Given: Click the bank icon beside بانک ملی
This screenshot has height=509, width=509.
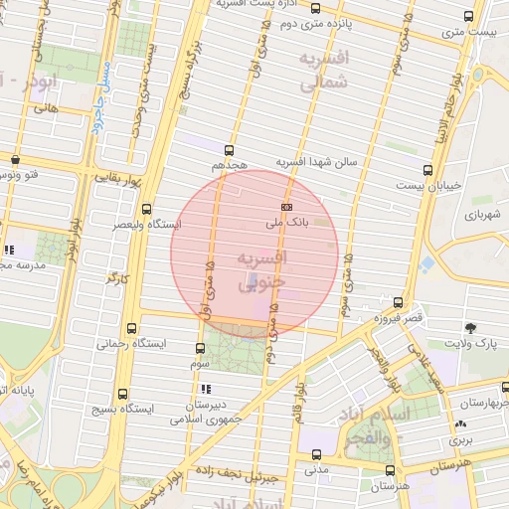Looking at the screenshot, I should pyautogui.click(x=286, y=206).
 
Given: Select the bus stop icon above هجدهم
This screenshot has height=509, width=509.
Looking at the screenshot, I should pyautogui.click(x=230, y=150).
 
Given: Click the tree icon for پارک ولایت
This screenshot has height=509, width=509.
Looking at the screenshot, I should pyautogui.click(x=470, y=327).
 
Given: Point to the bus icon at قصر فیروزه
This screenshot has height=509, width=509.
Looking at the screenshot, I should pyautogui.click(x=398, y=301).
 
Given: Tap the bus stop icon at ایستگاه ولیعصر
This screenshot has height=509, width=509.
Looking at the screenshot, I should pyautogui.click(x=147, y=209).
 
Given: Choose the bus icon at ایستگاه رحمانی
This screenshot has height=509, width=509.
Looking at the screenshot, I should pyautogui.click(x=132, y=328).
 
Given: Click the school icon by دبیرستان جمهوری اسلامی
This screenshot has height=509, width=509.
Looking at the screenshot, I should pyautogui.click(x=206, y=389).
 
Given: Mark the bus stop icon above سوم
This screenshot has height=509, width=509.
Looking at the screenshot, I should pyautogui.click(x=201, y=349).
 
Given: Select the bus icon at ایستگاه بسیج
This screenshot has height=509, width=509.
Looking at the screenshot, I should pyautogui.click(x=123, y=394).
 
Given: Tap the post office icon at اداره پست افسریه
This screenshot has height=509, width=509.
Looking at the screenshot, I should pyautogui.click(x=342, y=8).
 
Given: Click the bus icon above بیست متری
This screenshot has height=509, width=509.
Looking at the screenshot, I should pyautogui.click(x=469, y=16).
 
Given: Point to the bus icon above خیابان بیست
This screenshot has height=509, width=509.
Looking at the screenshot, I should pyautogui.click(x=427, y=170).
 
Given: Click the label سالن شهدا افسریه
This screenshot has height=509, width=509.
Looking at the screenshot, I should pyautogui.click(x=322, y=161).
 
